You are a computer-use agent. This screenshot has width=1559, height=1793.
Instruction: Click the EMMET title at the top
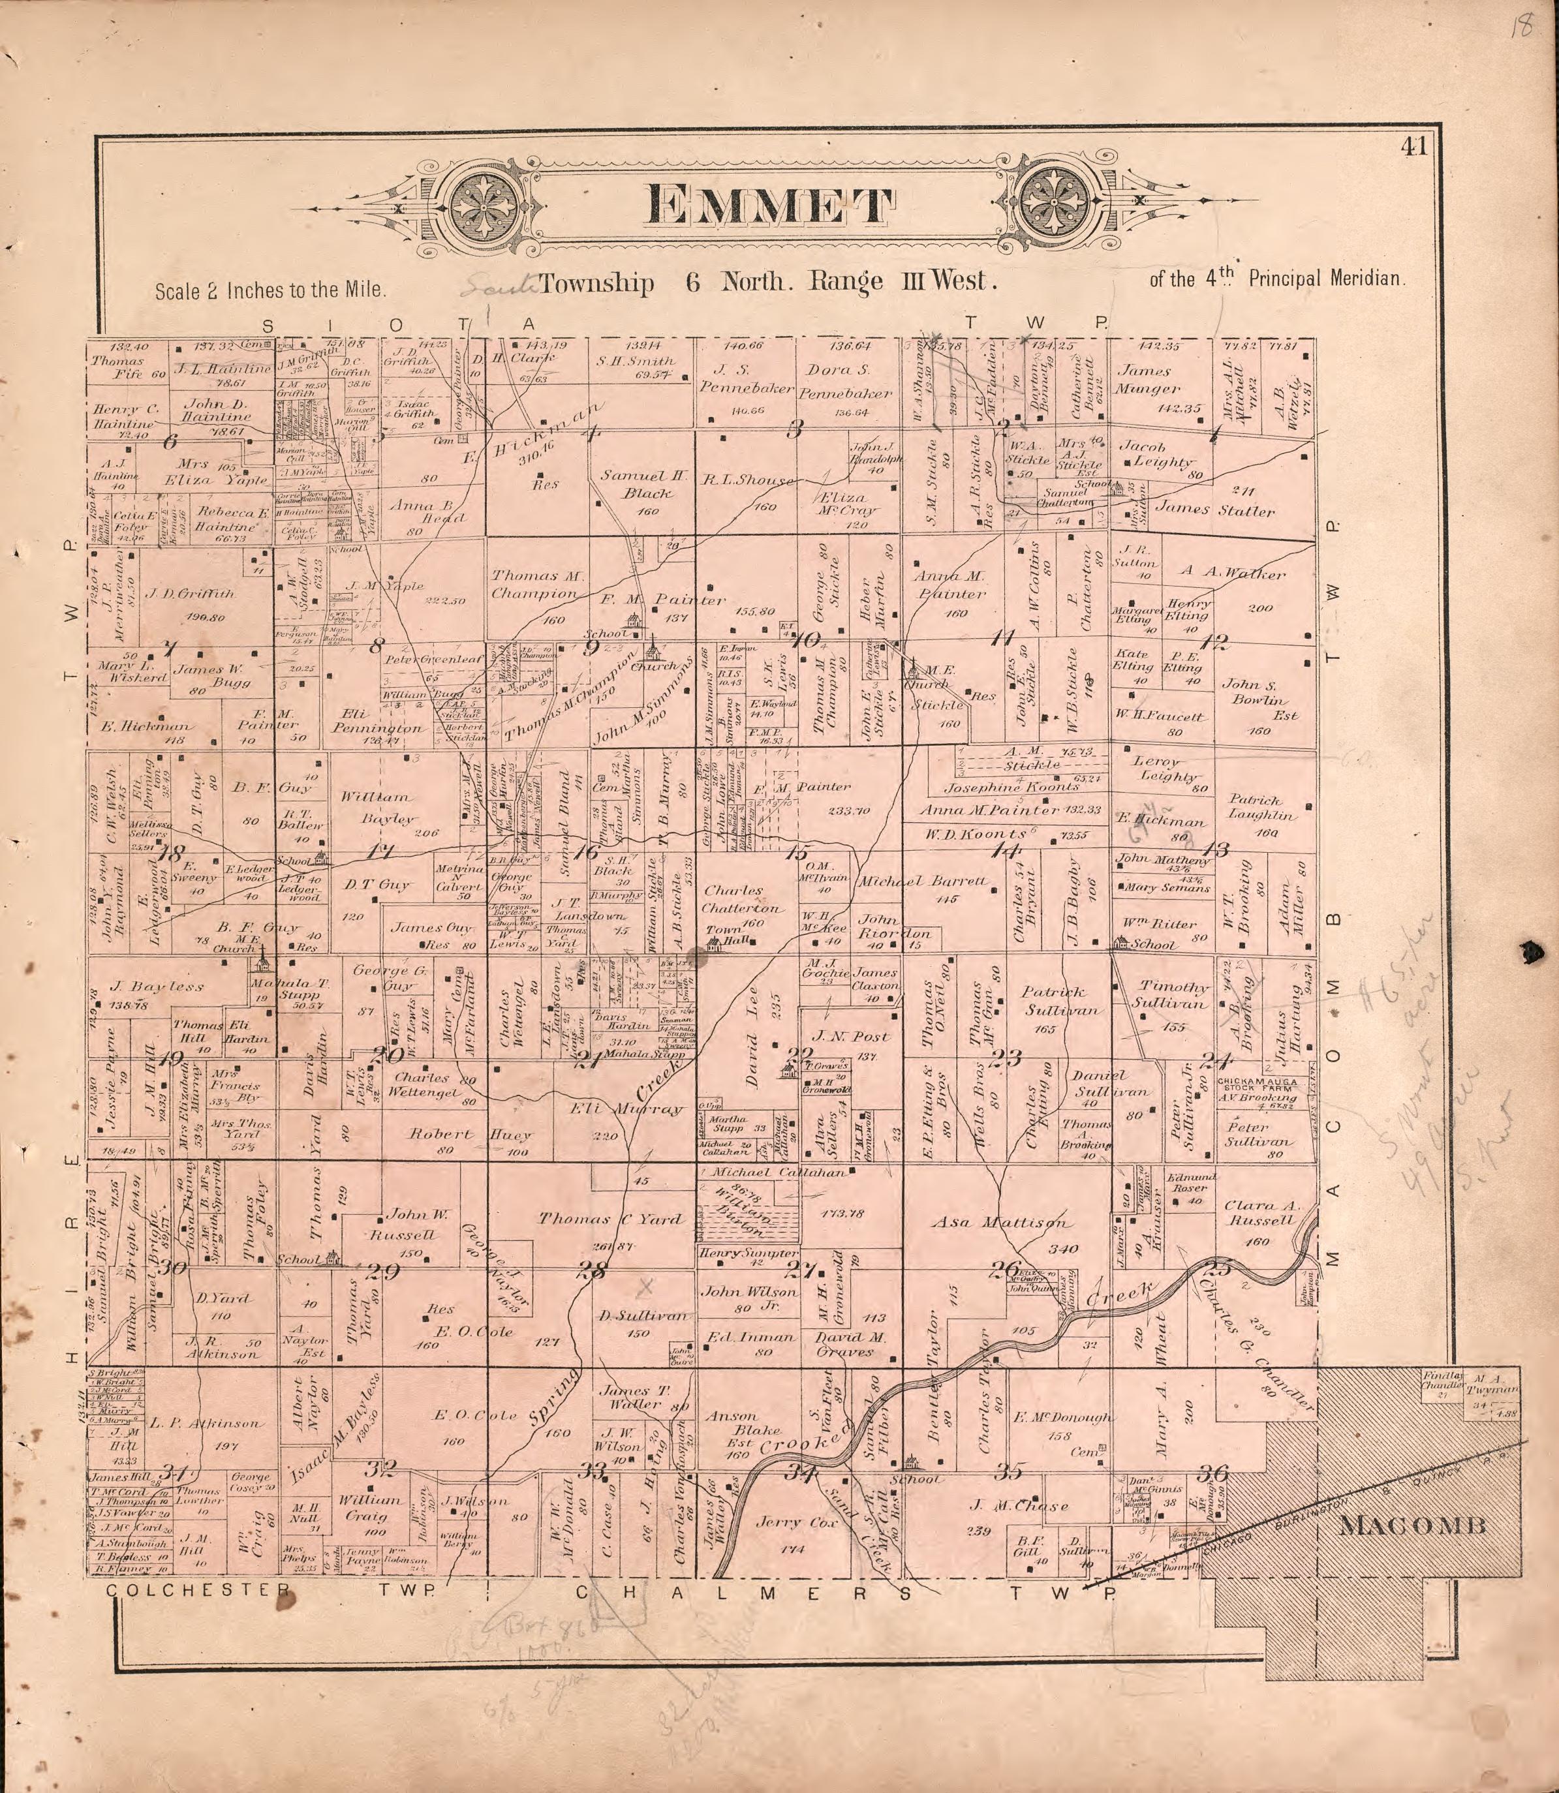pos(770,206)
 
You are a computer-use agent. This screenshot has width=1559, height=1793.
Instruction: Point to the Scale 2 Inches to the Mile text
pos(270,290)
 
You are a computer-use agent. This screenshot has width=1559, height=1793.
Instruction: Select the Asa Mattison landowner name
pos(998,1222)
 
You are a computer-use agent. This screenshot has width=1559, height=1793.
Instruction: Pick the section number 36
pos(1212,1473)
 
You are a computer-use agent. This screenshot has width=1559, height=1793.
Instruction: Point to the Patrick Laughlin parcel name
pos(1261,807)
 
